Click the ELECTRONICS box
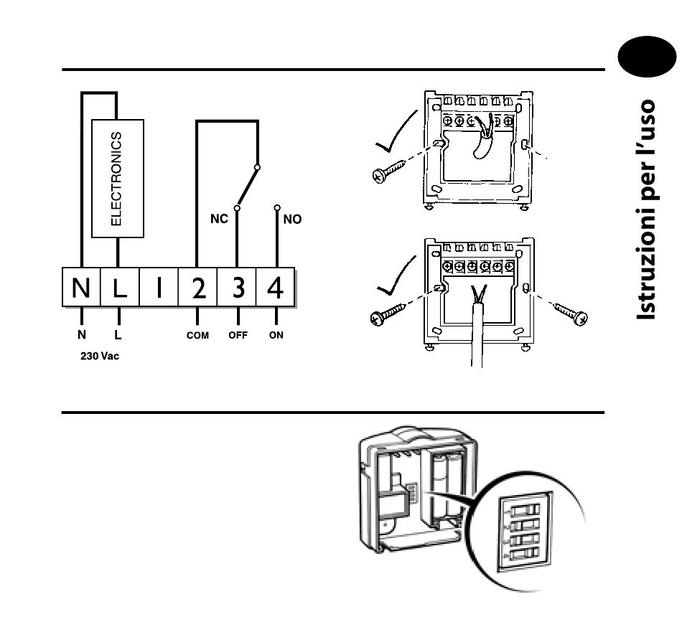(x=118, y=178)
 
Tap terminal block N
(x=80, y=288)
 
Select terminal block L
(x=119, y=288)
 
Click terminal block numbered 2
(x=197, y=288)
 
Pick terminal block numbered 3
(x=237, y=288)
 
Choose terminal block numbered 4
(x=276, y=288)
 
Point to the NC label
(x=219, y=219)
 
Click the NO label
(x=292, y=220)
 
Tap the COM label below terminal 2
(x=197, y=335)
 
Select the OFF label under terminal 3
(x=238, y=335)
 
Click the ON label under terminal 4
(x=276, y=335)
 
